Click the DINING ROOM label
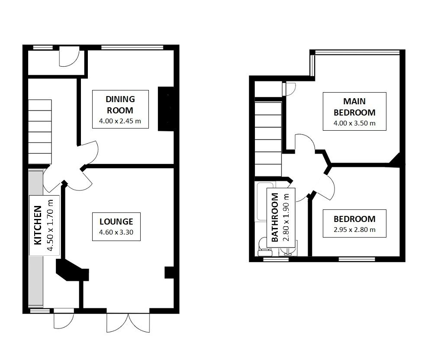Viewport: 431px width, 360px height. coord(120,104)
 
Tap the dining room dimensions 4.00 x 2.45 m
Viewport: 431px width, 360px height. coord(120,121)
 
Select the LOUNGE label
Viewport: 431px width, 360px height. coord(113,221)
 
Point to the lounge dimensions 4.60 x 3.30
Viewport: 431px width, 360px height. coord(113,232)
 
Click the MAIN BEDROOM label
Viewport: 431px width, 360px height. coord(354,107)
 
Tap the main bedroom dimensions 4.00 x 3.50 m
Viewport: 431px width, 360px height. coord(354,123)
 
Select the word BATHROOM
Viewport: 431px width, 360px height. coord(275,217)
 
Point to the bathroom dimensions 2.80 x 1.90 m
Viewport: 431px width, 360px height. coord(286,217)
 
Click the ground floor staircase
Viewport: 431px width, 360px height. coord(40,130)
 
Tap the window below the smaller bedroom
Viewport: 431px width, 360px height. coord(357,260)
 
